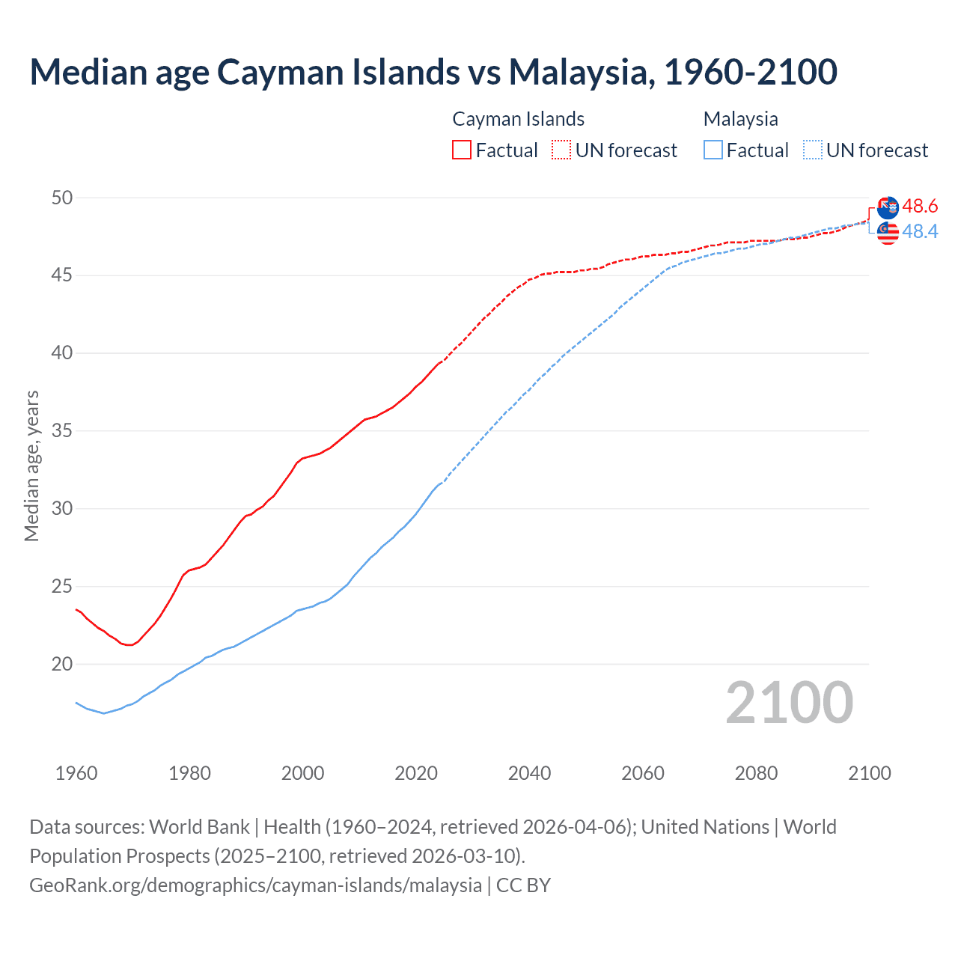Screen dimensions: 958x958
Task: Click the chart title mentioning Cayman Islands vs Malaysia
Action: [x=433, y=72]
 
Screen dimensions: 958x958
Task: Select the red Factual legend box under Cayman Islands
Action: [x=462, y=150]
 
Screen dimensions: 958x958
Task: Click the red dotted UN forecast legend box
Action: [x=561, y=150]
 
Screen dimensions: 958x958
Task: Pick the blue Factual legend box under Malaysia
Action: [x=713, y=150]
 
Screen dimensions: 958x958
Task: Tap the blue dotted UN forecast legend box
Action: [x=813, y=150]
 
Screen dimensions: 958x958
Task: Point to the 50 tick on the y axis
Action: [x=62, y=198]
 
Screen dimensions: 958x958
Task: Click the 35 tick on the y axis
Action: [x=62, y=430]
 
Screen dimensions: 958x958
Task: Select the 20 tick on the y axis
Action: [x=62, y=664]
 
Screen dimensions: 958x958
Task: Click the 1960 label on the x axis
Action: [x=76, y=773]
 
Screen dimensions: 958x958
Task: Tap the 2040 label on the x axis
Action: [x=529, y=773]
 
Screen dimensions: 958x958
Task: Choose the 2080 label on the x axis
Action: [x=756, y=773]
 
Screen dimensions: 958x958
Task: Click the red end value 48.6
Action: [x=920, y=206]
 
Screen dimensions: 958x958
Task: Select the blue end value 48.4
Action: [x=920, y=232]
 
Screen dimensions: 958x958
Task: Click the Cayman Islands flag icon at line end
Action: [x=888, y=208]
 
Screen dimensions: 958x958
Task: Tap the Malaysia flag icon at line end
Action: [x=888, y=234]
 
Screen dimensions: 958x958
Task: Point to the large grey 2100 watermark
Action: [x=789, y=702]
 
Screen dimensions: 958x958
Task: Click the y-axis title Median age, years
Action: [x=31, y=466]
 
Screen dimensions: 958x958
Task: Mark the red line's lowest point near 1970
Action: [x=129, y=645]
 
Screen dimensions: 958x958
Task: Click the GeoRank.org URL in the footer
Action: [x=255, y=885]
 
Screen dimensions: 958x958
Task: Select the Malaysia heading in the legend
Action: [x=740, y=119]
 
